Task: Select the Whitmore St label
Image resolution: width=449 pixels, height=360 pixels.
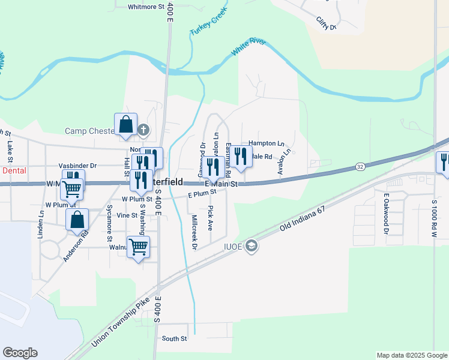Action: (146, 7)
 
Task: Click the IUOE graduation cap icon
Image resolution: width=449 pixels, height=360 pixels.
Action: (251, 246)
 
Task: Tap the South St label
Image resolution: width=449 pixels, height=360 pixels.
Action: (175, 339)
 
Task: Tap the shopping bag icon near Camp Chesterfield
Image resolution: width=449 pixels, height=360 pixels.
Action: (126, 125)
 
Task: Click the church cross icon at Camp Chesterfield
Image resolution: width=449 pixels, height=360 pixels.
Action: (143, 130)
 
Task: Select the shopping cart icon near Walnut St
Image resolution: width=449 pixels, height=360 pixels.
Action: (139, 247)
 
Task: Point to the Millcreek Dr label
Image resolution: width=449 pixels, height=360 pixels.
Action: (194, 229)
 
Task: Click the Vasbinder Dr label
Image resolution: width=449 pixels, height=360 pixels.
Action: (77, 166)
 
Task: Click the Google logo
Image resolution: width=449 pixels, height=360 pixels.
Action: (20, 353)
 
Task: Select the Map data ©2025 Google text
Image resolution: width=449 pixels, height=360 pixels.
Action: (411, 355)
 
